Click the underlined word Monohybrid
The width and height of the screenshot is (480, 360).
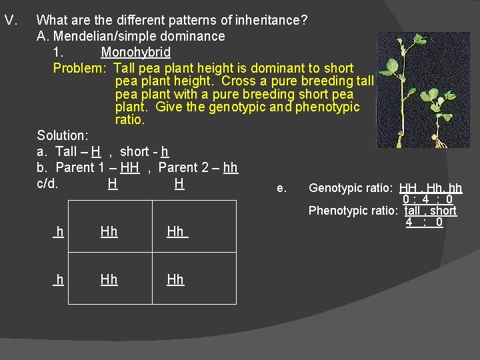pos(135,52)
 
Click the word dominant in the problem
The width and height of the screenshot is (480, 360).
pos(280,68)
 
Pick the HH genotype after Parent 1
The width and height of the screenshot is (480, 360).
pos(129,168)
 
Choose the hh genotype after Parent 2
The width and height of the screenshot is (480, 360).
pos(230,168)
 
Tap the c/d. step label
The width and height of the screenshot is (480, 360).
pos(48,183)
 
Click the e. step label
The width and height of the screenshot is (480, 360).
pos(281,189)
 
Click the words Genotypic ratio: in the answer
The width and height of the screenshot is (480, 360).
pos(353,189)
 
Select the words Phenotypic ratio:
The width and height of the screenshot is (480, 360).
pos(353,211)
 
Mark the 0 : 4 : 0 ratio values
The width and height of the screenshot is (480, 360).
pos(428,199)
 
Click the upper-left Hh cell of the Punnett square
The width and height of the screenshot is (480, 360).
pos(109,231)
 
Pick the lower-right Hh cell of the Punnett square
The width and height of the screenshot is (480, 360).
pos(175,279)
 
